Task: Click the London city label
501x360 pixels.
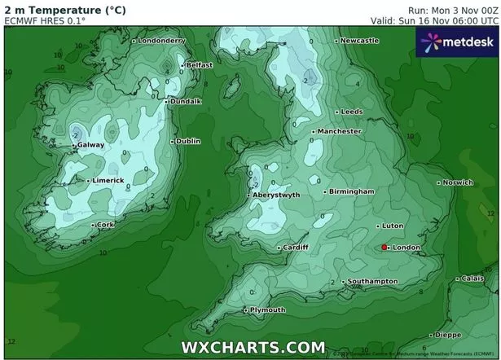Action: click(x=405, y=247)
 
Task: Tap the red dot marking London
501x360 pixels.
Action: click(x=385, y=247)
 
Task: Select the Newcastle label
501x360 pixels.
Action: click(x=359, y=40)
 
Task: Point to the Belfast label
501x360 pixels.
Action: click(x=200, y=65)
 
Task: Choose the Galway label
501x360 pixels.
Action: click(x=91, y=145)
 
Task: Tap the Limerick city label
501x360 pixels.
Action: click(x=108, y=180)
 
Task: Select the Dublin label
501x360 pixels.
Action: click(x=187, y=141)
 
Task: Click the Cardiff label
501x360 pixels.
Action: click(x=295, y=248)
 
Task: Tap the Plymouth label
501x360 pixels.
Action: click(x=267, y=310)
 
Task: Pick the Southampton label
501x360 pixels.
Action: click(x=372, y=281)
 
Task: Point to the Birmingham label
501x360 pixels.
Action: click(x=352, y=191)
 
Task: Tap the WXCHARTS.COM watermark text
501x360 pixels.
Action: click(x=247, y=347)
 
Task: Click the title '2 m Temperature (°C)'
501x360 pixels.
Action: click(x=53, y=10)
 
